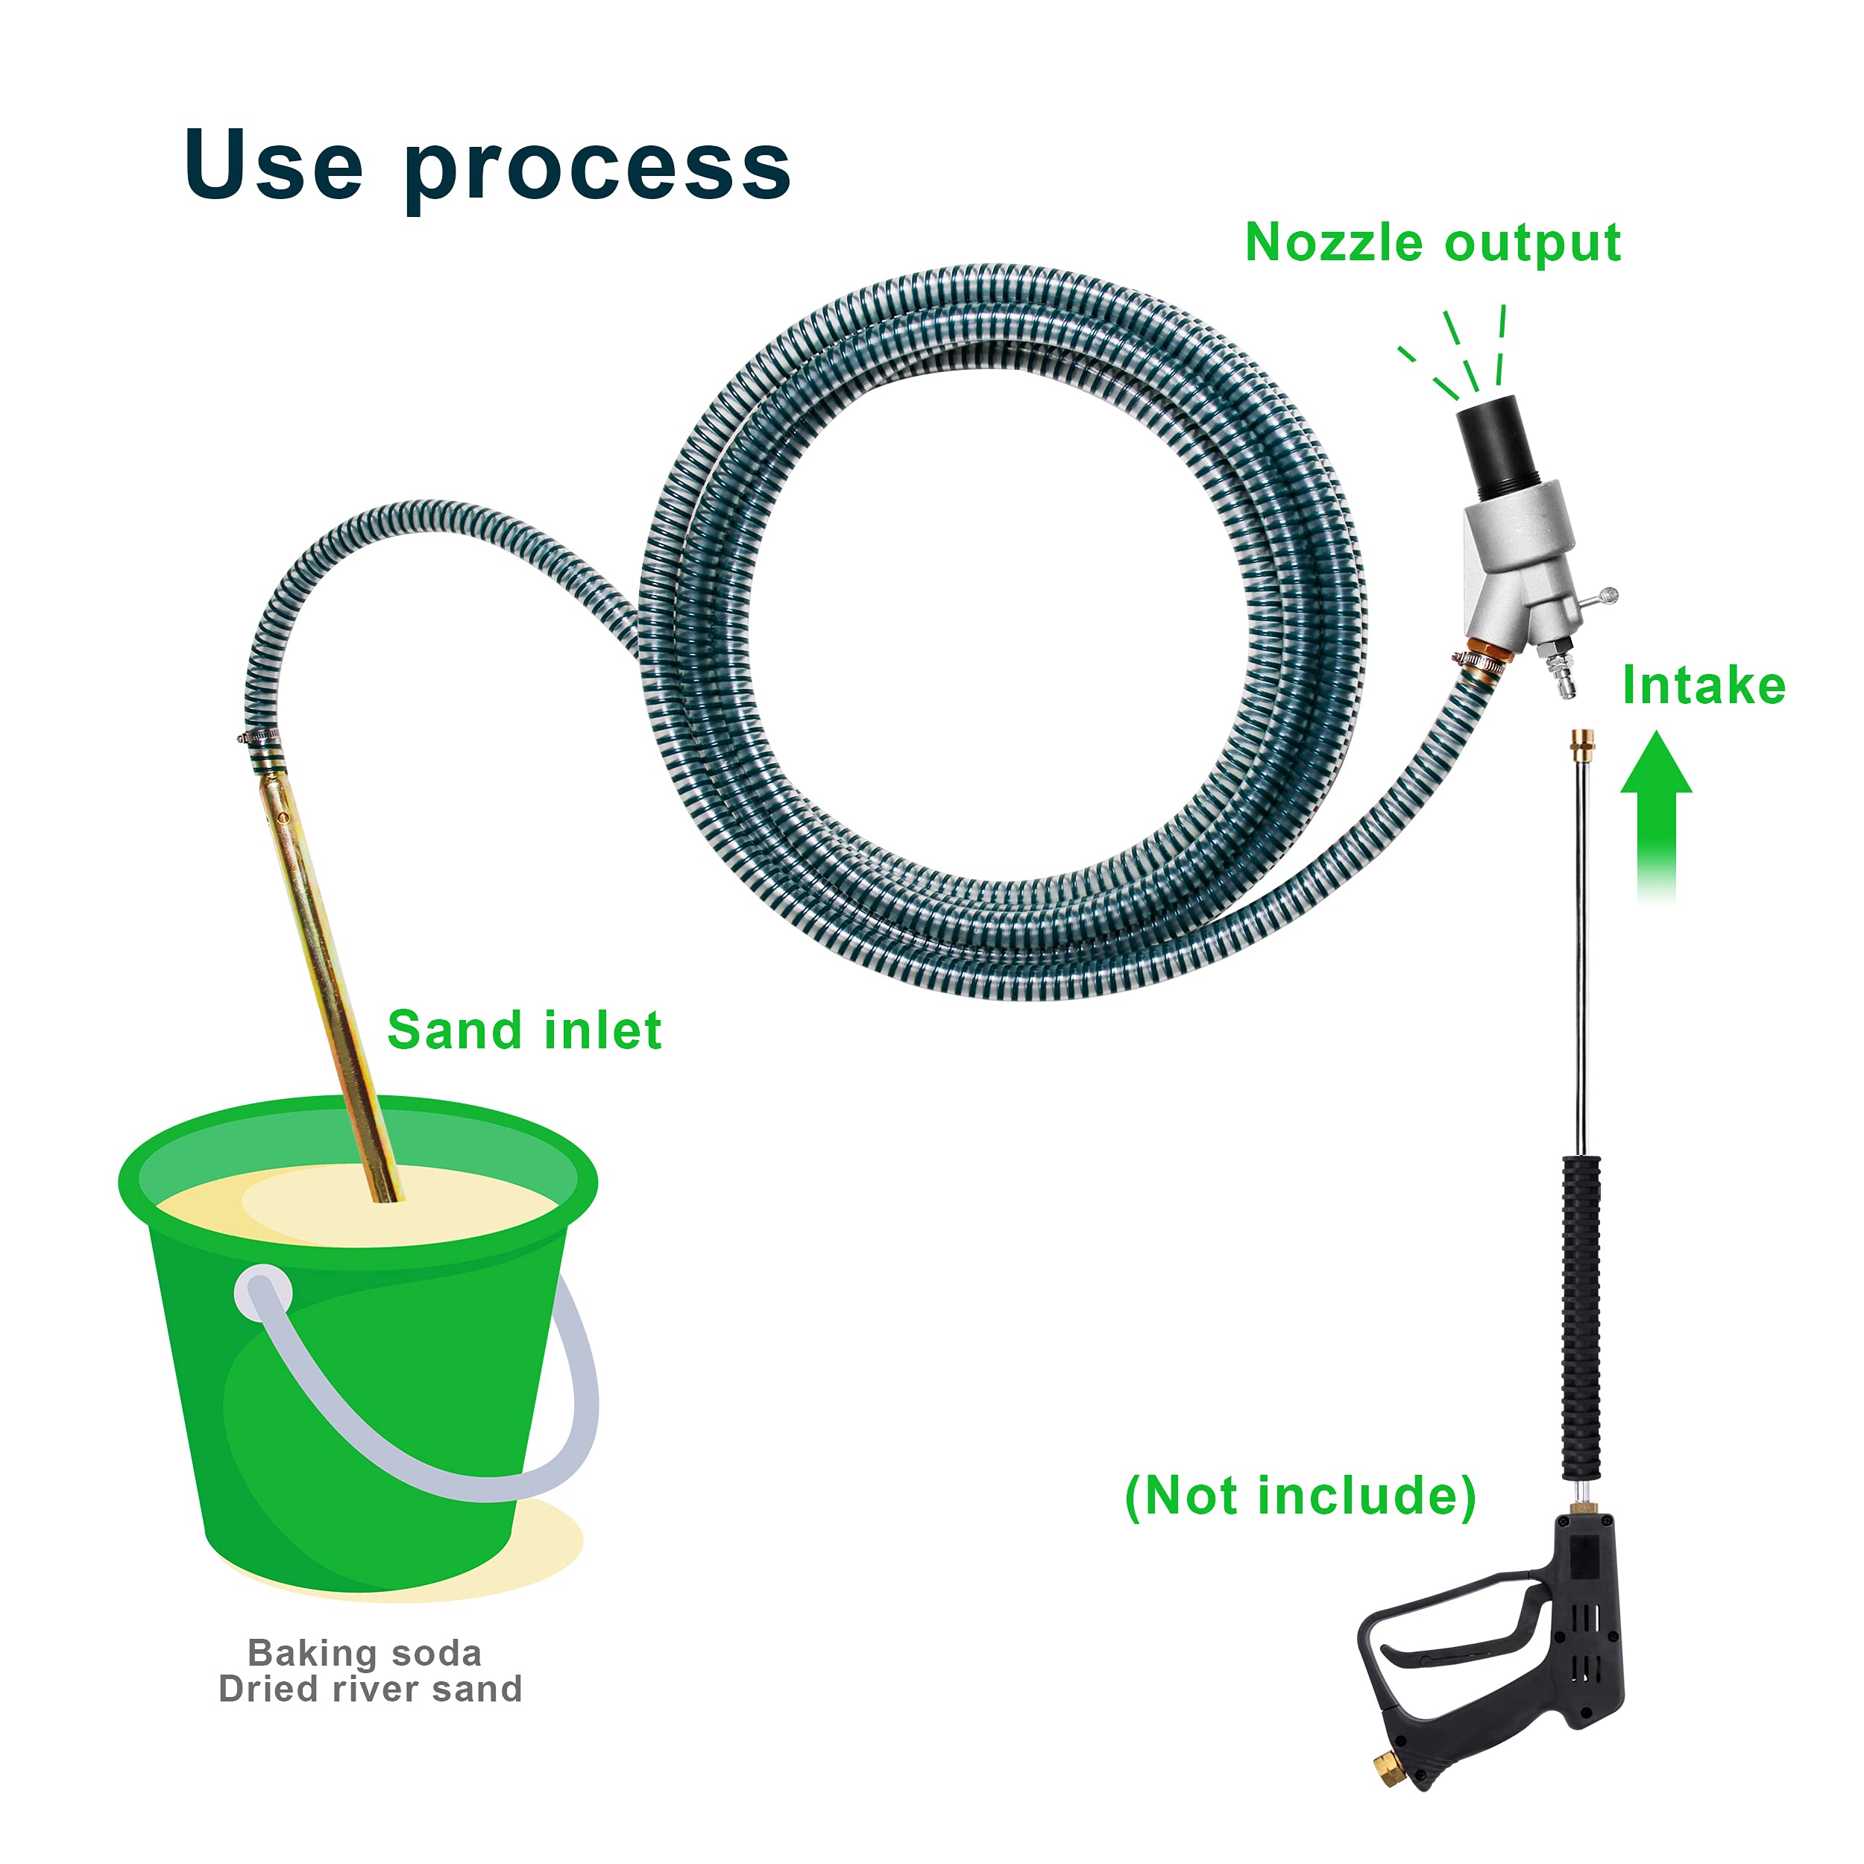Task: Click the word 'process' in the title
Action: point(597,170)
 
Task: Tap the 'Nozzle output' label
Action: point(1432,242)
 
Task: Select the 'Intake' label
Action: point(1703,686)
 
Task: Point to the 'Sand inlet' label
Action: point(524,1030)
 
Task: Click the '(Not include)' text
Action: point(1300,1496)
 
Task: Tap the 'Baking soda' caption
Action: point(364,1653)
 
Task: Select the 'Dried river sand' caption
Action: point(370,1690)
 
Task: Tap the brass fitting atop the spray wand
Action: point(1582,743)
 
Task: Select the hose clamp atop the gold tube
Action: point(260,740)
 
